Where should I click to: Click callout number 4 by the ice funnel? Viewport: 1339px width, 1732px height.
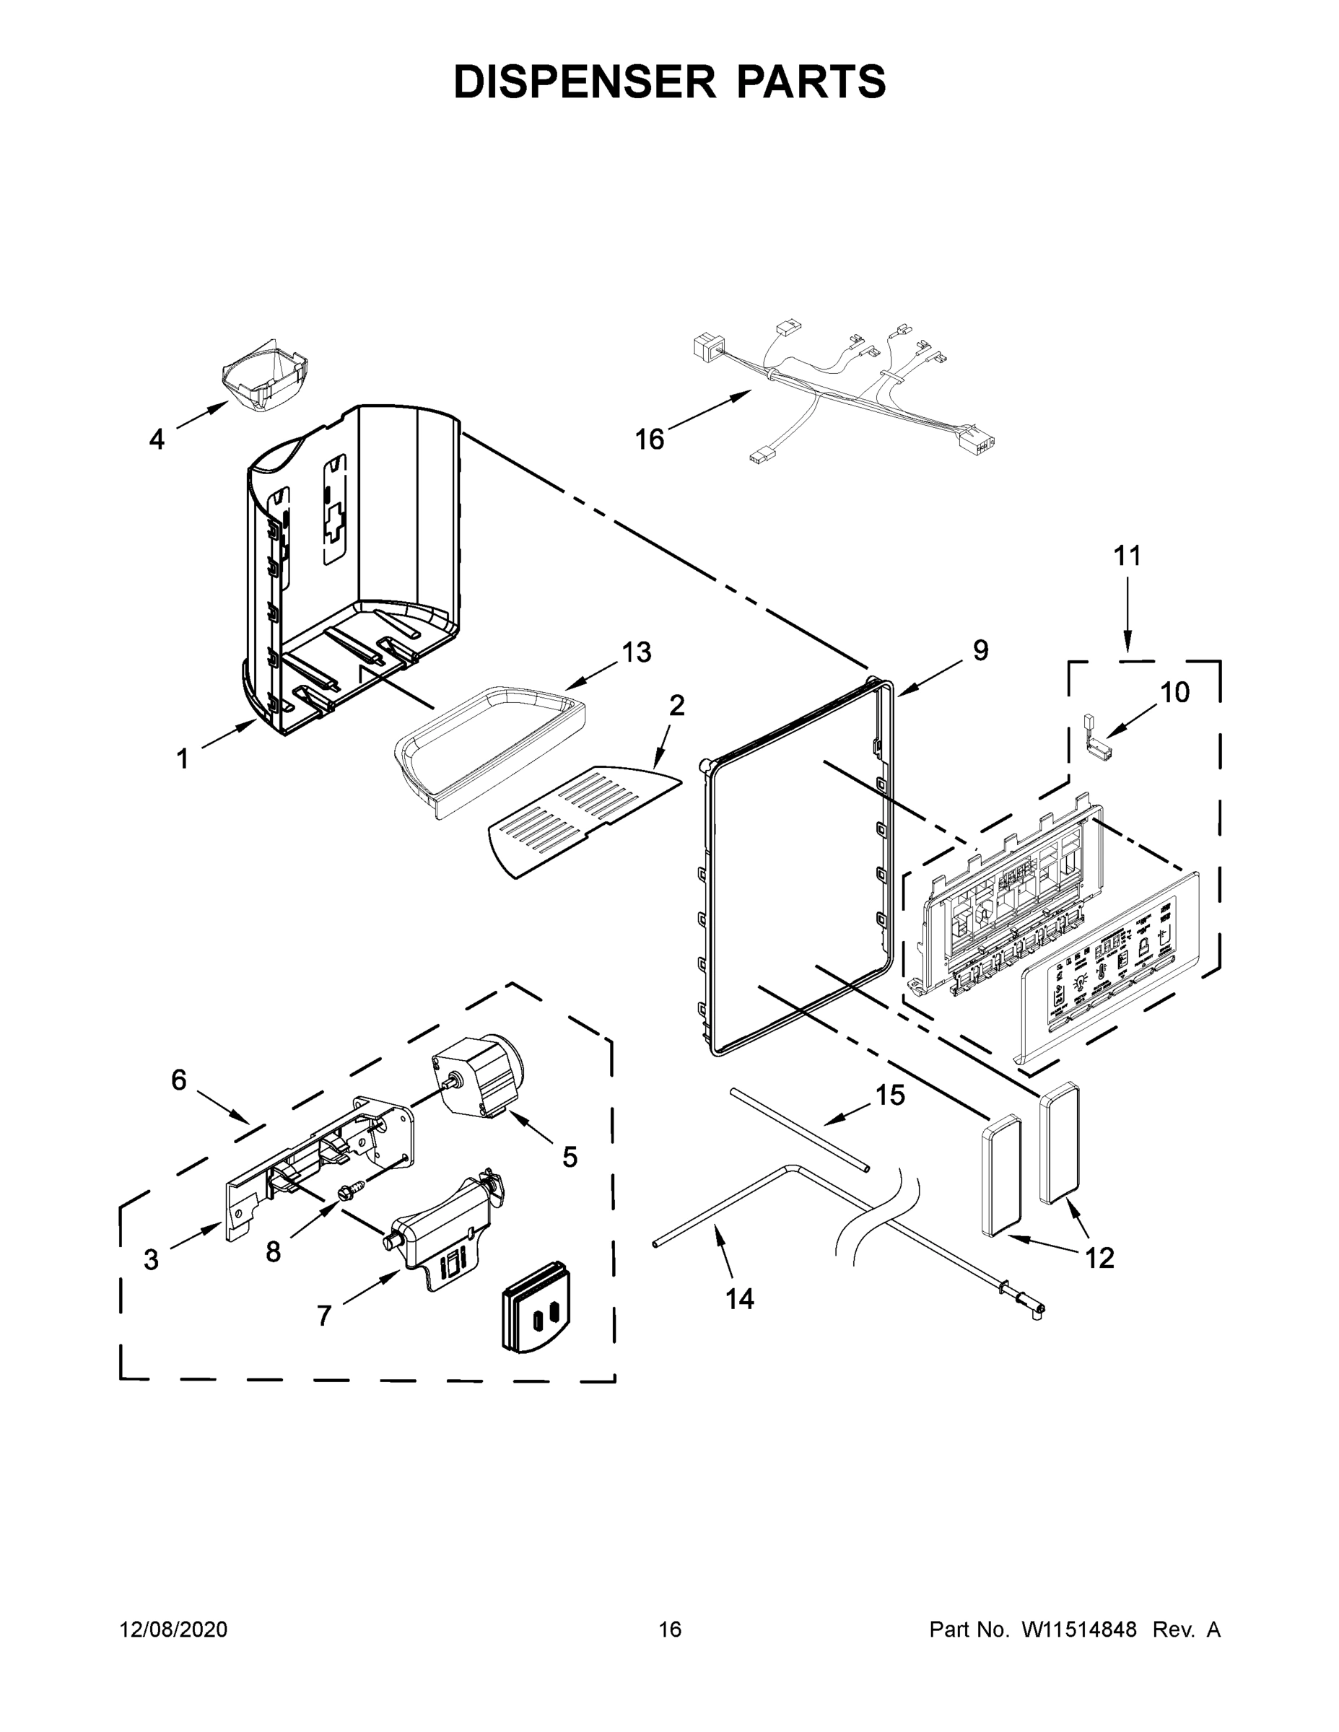click(x=157, y=439)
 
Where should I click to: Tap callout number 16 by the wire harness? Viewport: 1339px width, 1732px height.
click(x=649, y=439)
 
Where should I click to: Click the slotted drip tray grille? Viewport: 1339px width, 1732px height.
click(x=583, y=819)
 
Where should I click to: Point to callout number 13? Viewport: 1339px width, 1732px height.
click(x=636, y=652)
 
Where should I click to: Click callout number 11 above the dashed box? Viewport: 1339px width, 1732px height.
click(x=1128, y=555)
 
